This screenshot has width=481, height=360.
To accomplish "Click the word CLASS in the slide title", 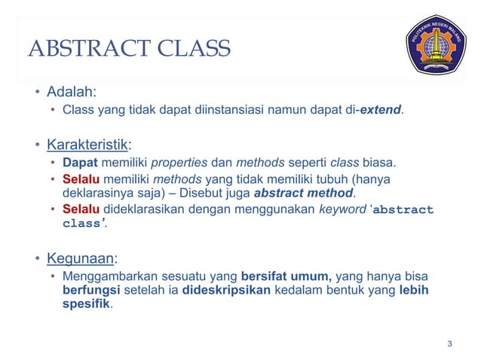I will point(191,50).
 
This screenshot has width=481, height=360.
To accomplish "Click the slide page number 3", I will point(449,345).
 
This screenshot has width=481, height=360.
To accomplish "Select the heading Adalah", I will point(71,93).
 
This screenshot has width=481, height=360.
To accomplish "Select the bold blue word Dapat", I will point(78,162).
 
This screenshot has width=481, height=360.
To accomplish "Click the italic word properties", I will point(179,162).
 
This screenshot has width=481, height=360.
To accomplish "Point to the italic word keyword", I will point(342,209).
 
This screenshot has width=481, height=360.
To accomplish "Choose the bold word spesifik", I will point(86,305).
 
